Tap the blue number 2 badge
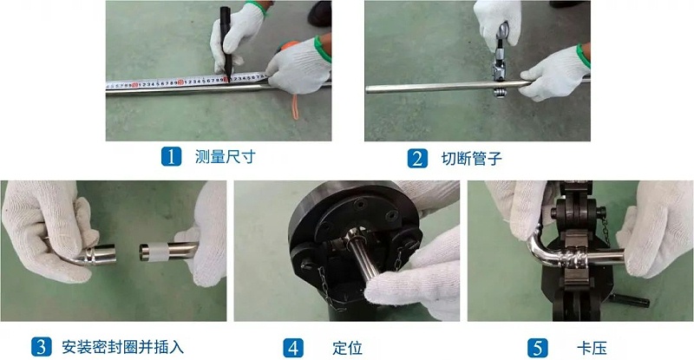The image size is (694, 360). tap(417, 158)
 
